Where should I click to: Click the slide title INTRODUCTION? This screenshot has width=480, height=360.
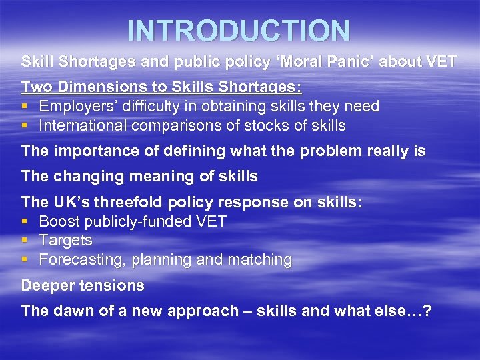[239, 31]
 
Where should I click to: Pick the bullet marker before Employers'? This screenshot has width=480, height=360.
[25, 107]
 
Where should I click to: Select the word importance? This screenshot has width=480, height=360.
[86, 151]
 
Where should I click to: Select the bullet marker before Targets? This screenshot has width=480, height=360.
[25, 241]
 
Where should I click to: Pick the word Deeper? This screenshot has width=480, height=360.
[46, 285]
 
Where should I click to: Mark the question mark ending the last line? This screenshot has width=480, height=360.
[427, 311]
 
